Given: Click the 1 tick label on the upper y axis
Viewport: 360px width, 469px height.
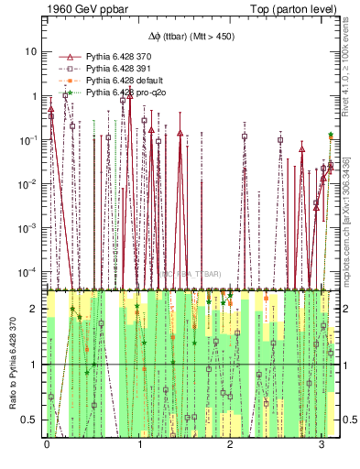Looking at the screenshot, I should pos(36,96).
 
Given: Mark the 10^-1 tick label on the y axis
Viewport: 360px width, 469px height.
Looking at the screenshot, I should pos(30,139).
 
